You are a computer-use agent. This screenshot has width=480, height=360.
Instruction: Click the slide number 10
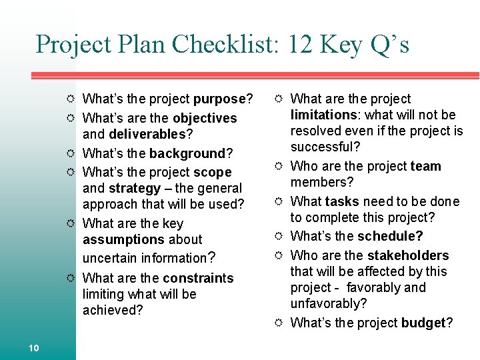(x=34, y=347)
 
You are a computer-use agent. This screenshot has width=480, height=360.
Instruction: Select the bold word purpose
(x=219, y=99)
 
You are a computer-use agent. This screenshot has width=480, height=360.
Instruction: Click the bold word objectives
(x=205, y=118)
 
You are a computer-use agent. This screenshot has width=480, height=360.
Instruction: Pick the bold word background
(x=187, y=154)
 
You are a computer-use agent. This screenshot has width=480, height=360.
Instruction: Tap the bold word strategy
(x=135, y=189)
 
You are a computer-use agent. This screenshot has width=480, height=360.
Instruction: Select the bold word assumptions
(x=123, y=239)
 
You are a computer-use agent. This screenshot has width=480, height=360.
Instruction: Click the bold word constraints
(x=198, y=278)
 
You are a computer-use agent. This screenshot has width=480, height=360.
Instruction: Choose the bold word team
(x=425, y=166)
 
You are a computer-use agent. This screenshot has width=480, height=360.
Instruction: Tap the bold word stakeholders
(x=408, y=255)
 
